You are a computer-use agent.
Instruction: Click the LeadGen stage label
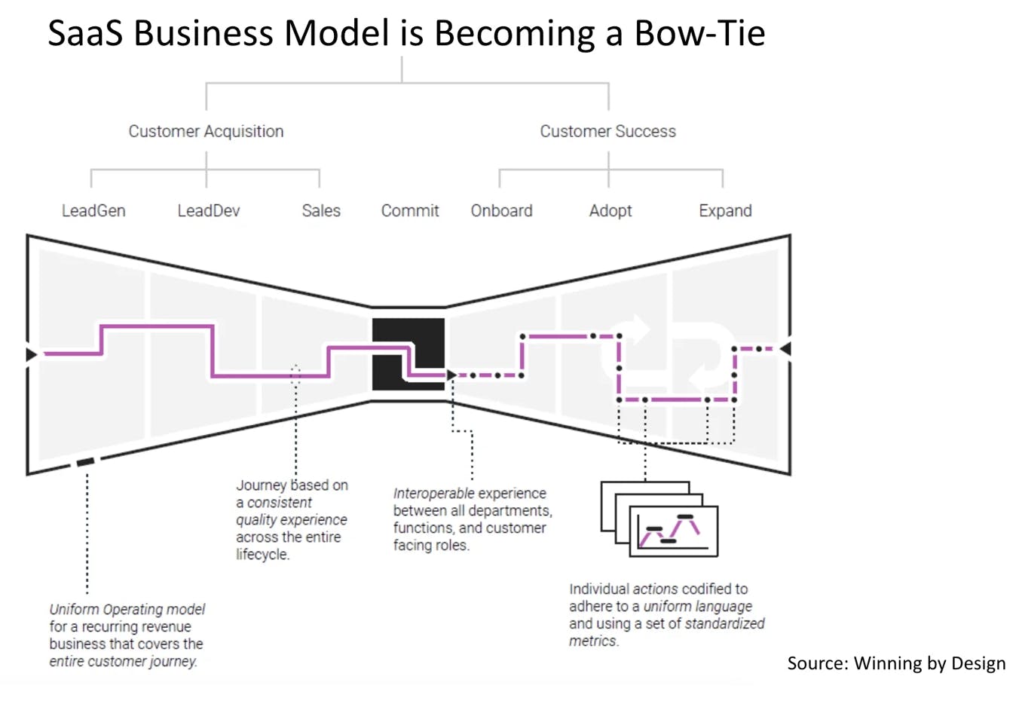(x=93, y=210)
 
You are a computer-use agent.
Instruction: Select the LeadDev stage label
(x=209, y=210)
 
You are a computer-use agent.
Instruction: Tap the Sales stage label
(x=321, y=210)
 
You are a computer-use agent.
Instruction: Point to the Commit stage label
(x=410, y=210)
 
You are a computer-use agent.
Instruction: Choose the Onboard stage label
(x=502, y=210)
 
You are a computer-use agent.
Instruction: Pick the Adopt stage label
(x=610, y=211)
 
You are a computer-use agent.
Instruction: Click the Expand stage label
(x=725, y=211)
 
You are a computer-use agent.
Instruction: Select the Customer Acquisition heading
(x=206, y=132)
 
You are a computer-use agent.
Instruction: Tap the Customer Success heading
(x=607, y=131)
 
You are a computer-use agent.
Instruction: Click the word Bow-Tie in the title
(x=699, y=33)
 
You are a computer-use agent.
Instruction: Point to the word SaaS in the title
(x=86, y=33)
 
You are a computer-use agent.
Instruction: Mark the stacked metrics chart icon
(x=659, y=519)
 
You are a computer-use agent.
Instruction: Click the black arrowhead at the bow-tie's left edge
(x=32, y=354)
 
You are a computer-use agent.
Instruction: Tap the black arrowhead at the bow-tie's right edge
(x=785, y=349)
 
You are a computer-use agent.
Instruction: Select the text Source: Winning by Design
(x=896, y=663)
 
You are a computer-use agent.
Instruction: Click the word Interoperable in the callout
(x=434, y=494)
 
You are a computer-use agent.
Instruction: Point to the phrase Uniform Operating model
(x=127, y=610)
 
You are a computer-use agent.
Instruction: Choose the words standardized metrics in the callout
(x=667, y=632)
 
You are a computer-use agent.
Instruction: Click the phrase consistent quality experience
(x=292, y=511)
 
